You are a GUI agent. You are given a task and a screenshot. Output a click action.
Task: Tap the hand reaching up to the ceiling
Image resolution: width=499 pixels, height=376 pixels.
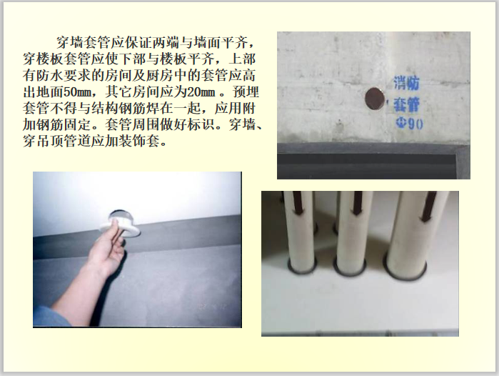pos(107,250)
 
